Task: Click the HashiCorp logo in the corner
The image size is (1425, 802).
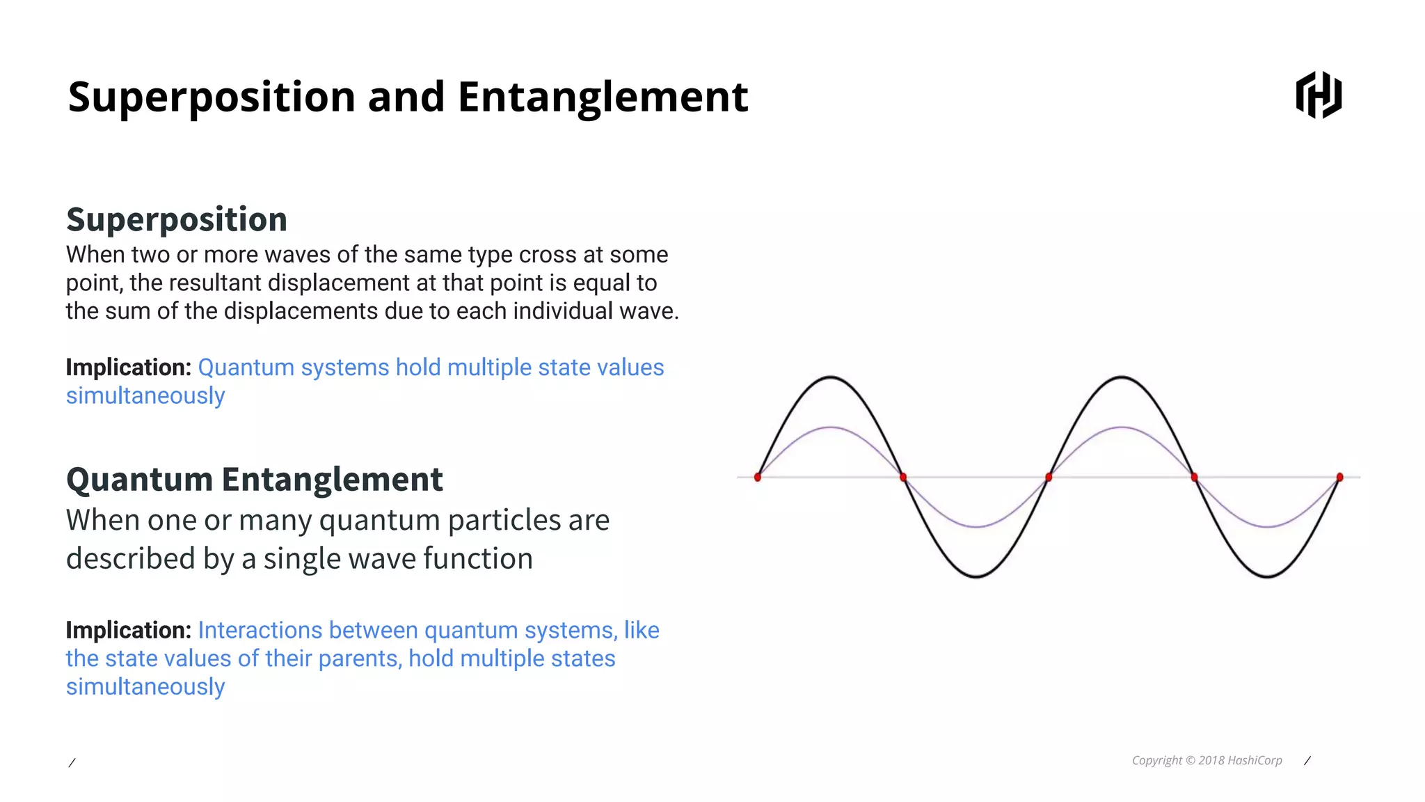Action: point(1319,95)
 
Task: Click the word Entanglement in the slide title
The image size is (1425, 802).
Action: point(603,96)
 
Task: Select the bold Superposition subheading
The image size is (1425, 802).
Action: point(177,219)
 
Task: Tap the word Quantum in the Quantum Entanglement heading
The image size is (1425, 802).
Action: point(139,479)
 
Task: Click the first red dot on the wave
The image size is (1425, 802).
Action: point(758,477)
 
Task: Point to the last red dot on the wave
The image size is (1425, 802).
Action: point(1339,477)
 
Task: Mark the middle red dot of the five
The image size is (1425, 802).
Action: point(1049,477)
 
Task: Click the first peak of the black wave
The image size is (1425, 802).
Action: point(830,377)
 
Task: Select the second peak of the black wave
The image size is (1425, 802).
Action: point(1121,377)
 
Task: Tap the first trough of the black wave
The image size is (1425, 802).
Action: point(976,576)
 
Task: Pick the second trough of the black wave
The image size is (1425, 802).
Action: point(1267,576)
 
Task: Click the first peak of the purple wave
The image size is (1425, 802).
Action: point(830,427)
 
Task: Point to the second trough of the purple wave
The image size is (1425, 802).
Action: point(1267,526)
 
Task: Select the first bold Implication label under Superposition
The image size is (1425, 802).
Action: point(128,367)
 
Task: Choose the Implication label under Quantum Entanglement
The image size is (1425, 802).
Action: point(128,630)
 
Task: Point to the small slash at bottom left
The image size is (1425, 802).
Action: point(72,763)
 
